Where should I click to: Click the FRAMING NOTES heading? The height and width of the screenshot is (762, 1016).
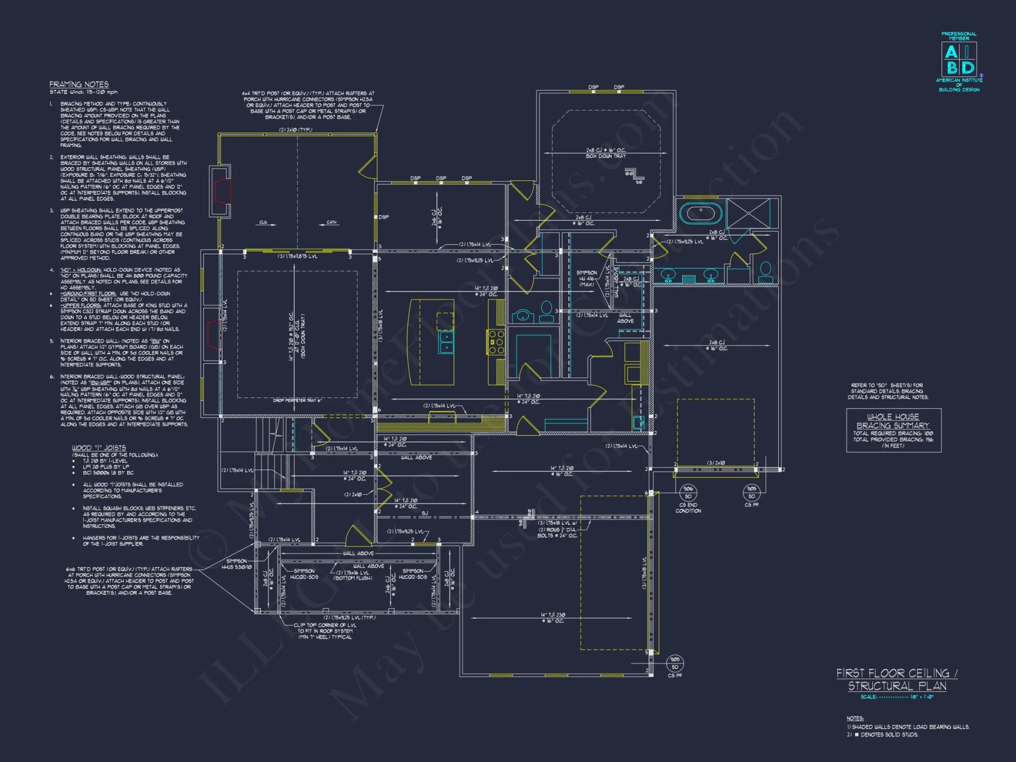click(x=79, y=84)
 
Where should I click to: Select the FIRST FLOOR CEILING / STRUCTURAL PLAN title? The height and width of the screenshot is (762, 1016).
click(x=897, y=679)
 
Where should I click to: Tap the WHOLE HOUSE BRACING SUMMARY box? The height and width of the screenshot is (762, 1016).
click(x=894, y=430)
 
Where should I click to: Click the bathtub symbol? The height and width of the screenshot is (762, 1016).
click(x=701, y=212)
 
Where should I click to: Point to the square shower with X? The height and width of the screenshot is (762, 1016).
click(x=748, y=213)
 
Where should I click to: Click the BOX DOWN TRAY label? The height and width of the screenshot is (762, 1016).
click(x=606, y=156)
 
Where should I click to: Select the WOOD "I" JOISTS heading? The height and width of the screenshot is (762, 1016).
click(x=99, y=448)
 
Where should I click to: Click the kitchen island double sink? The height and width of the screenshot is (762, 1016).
click(x=446, y=341)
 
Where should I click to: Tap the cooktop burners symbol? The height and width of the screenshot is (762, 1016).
click(x=496, y=342)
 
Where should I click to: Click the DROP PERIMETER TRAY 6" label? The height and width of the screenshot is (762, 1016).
click(x=297, y=400)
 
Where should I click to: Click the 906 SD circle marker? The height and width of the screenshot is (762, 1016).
click(x=688, y=492)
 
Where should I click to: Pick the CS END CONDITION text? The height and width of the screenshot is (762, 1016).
click(x=688, y=508)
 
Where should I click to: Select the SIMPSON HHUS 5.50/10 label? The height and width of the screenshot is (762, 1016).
click(x=236, y=564)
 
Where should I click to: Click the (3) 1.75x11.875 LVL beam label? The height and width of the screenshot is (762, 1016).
click(x=297, y=257)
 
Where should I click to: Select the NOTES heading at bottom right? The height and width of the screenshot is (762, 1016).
click(x=855, y=718)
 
